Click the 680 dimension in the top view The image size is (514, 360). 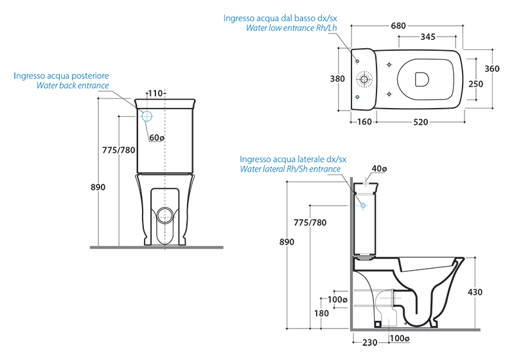(x=398, y=26)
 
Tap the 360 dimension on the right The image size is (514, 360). (x=492, y=69)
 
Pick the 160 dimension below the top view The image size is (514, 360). (x=364, y=122)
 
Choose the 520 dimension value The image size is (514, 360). (x=421, y=122)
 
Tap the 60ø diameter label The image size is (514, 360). (x=157, y=138)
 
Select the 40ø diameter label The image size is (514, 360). (x=379, y=169)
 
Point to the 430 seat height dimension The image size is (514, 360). (x=493, y=292)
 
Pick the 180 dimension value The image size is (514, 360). (x=321, y=313)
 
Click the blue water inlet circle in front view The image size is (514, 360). (x=146, y=116)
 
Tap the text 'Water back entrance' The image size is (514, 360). (x=73, y=85)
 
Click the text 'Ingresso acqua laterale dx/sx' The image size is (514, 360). (x=293, y=159)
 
